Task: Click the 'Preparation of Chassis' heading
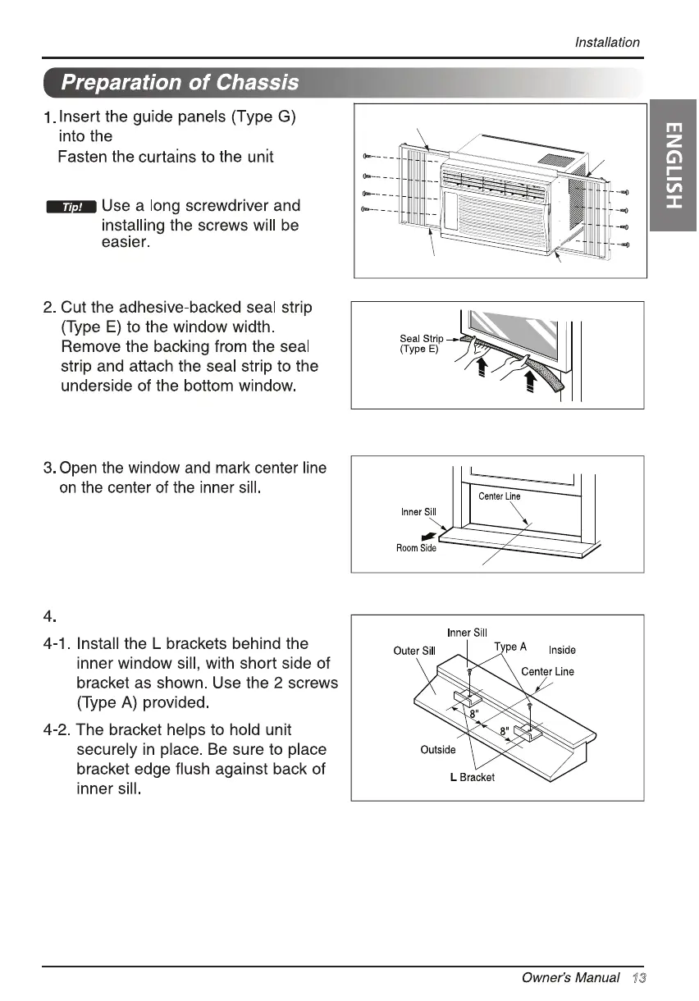[x=180, y=83]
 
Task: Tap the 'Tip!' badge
[x=71, y=207]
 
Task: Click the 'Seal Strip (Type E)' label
[x=421, y=344]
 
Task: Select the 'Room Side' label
[x=418, y=548]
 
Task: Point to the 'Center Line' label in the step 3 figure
[x=499, y=496]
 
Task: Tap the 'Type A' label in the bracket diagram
[x=510, y=647]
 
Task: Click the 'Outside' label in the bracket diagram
[x=437, y=749]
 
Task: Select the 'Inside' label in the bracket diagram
[x=562, y=650]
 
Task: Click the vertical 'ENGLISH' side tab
[x=673, y=164]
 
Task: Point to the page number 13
[x=640, y=978]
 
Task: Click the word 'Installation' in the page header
[x=607, y=43]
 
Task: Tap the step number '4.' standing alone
[x=49, y=615]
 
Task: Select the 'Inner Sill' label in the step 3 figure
[x=418, y=512]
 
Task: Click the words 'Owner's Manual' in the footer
[x=570, y=978]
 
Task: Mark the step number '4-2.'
[x=57, y=729]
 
